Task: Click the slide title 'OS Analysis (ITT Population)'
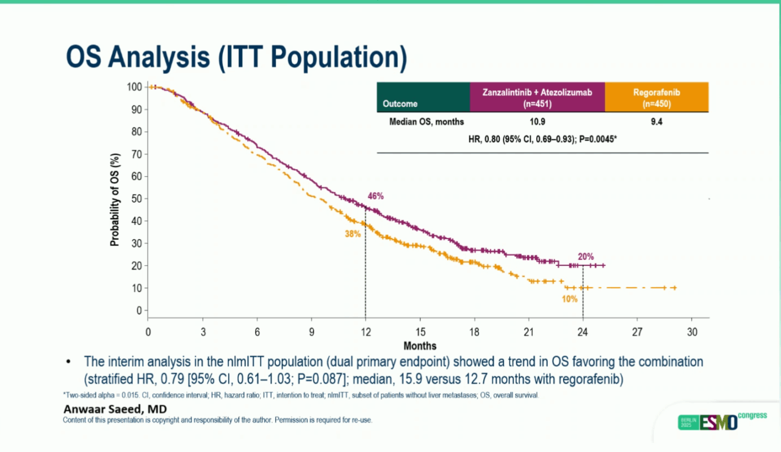(236, 58)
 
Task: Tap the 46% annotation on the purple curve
(375, 196)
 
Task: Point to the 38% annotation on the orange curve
(353, 233)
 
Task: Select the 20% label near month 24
(586, 257)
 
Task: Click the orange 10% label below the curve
(569, 299)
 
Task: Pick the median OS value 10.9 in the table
(537, 122)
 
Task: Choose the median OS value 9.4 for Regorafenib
(657, 122)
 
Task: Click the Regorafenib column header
(657, 98)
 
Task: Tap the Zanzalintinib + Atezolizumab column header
(537, 98)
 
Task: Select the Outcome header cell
(400, 104)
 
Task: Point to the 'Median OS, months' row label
(426, 122)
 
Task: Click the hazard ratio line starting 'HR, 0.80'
(542, 138)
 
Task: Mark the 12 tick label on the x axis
(365, 332)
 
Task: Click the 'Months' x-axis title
(420, 346)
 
